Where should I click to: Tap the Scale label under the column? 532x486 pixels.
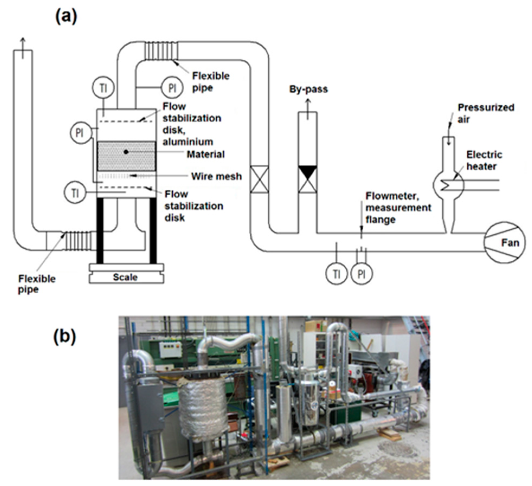coord(125,277)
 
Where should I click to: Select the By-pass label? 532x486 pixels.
coord(308,89)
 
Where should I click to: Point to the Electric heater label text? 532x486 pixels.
coord(484,160)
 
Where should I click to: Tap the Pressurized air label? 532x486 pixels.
coord(485,113)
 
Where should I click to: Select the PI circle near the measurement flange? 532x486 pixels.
coord(362,274)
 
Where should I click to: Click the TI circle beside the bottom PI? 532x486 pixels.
coord(336,274)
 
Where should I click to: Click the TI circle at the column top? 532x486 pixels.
coord(103,88)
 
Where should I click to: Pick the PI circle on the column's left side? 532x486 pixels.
coord(79,133)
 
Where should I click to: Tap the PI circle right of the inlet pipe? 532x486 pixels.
coord(172,88)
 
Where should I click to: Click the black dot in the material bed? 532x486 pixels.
coord(126,152)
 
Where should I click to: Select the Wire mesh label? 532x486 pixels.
coord(216,176)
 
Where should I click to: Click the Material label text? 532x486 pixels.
coord(206,154)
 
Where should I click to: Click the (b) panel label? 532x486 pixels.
coord(65,337)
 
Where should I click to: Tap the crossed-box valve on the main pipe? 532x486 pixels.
coord(259,179)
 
